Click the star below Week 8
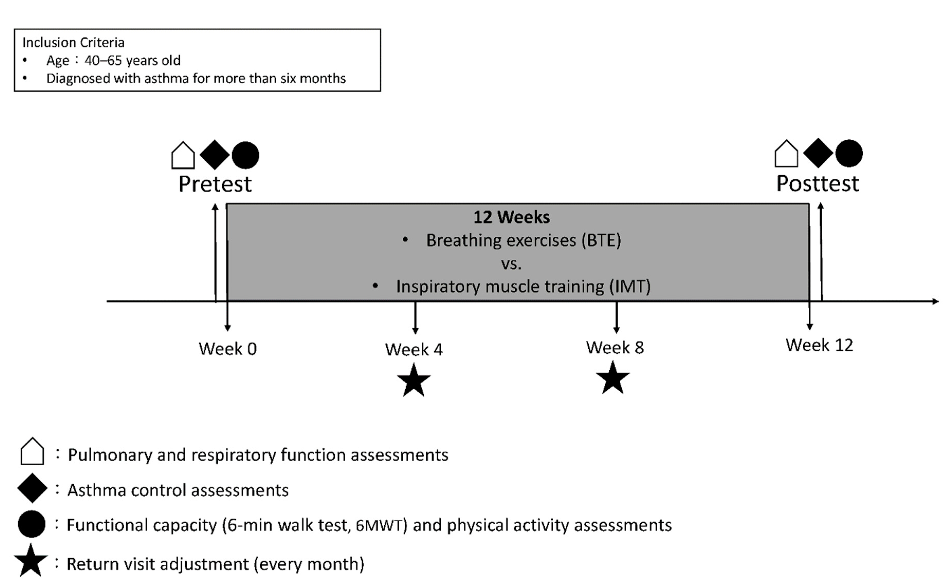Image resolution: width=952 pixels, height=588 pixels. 612,378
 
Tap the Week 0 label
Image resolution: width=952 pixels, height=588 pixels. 228,349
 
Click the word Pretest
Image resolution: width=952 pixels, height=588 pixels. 215,184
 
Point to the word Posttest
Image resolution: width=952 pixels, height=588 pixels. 818,183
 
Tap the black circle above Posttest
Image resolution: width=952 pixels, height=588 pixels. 849,153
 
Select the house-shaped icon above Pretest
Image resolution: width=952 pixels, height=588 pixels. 183,155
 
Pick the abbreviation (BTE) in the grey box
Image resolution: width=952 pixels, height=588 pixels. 601,240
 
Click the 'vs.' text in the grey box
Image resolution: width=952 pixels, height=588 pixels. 511,264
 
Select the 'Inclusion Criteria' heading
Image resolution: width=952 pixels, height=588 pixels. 73,42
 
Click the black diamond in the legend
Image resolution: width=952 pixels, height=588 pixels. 32,488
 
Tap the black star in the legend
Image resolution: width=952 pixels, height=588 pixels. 31,560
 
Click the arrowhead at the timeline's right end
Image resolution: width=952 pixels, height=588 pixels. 936,301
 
